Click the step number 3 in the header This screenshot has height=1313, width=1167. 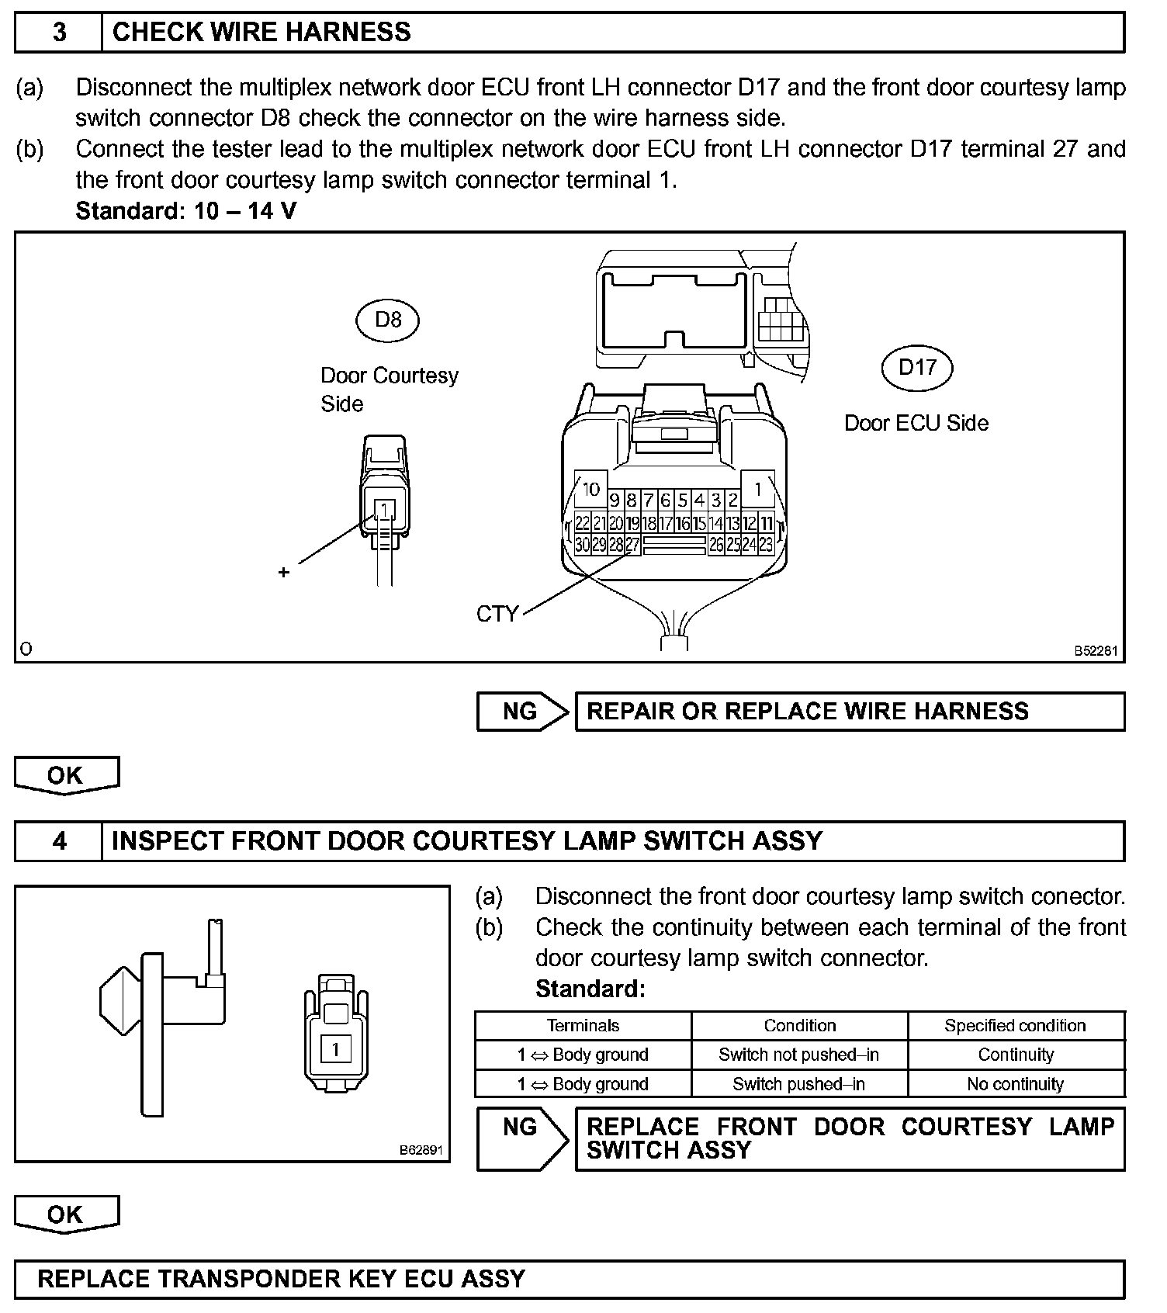click(x=59, y=33)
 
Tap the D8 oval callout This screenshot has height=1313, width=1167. click(x=387, y=320)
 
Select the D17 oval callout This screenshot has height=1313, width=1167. click(x=917, y=367)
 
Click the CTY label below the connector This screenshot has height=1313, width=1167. click(x=497, y=614)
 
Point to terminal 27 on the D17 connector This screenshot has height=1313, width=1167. click(x=632, y=545)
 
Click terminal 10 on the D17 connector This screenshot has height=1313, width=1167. click(x=591, y=489)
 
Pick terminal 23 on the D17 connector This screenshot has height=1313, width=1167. click(x=766, y=545)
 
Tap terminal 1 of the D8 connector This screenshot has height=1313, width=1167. click(x=385, y=510)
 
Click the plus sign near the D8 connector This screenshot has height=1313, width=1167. click(x=284, y=572)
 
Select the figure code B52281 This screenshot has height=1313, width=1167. click(x=1096, y=651)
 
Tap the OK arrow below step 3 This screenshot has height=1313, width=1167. click(x=66, y=775)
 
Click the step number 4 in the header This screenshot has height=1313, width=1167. click(x=59, y=841)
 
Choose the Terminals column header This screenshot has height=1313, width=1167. click(x=583, y=1026)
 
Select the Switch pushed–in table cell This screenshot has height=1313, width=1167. click(x=798, y=1084)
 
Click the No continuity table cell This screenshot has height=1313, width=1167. click(x=1015, y=1084)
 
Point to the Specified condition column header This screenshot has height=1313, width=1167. click(x=1015, y=1026)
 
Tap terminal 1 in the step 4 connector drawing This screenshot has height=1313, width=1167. click(x=335, y=1050)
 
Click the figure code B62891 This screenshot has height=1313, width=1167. click(x=421, y=1150)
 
